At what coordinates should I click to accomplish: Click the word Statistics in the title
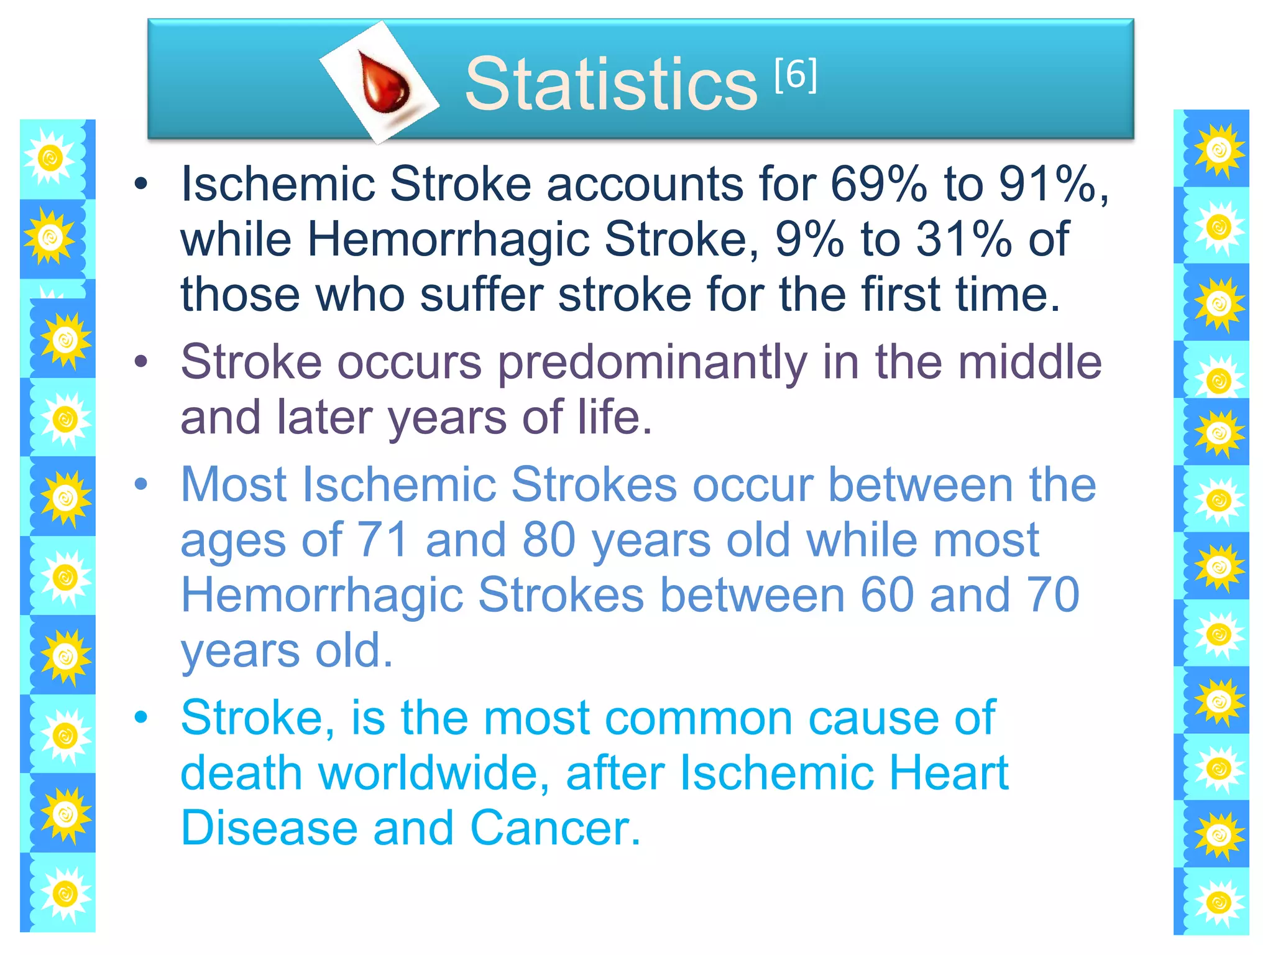610,84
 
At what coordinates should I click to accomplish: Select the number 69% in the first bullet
878,184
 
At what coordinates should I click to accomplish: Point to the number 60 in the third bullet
887,594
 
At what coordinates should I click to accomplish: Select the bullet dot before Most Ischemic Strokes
142,484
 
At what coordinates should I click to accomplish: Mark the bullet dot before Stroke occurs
142,362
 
